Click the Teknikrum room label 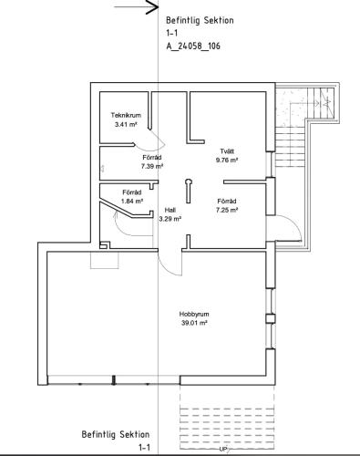126,115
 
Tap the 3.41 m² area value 126,124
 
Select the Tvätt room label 227,151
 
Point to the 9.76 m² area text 227,160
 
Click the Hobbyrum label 194,314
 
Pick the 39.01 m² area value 194,323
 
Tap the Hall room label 170,210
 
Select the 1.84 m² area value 132,202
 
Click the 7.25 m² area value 227,210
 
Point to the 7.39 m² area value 152,166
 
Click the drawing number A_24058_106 193,46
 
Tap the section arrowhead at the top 152,6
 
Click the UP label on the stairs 223,449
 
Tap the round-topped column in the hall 189,191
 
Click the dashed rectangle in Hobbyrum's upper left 105,260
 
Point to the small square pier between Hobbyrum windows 271,318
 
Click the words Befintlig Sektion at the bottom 116,434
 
